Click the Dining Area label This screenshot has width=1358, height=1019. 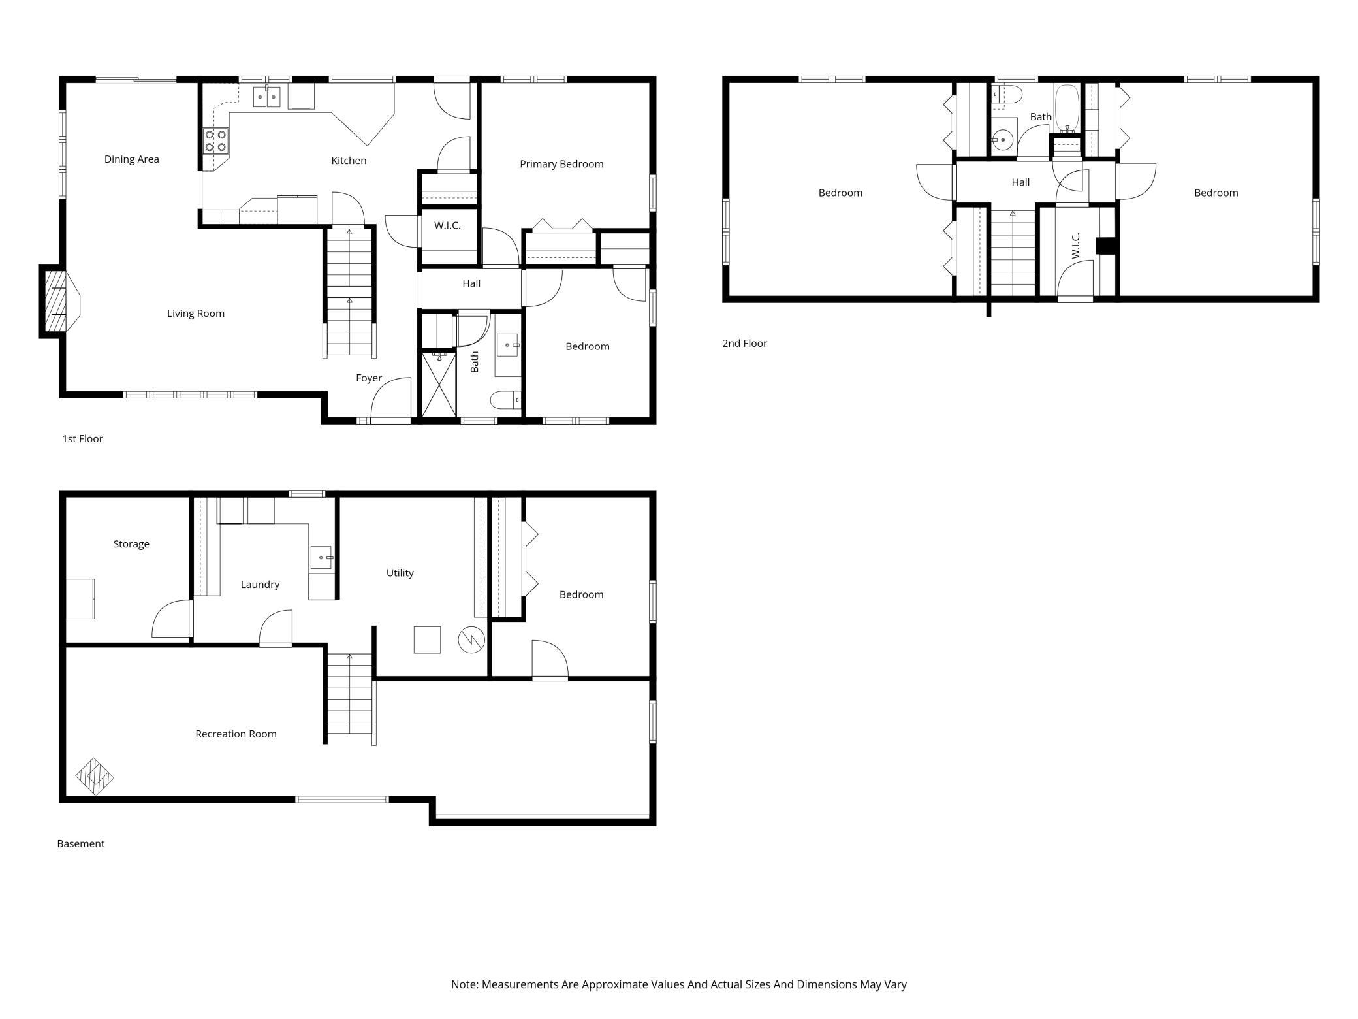click(x=131, y=159)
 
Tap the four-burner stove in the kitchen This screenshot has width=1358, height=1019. click(x=216, y=140)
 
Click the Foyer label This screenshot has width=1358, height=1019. click(x=369, y=378)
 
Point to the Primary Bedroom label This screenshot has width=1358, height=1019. click(x=561, y=164)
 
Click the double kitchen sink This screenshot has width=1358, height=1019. click(x=267, y=97)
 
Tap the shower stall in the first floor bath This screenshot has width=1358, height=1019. click(x=439, y=384)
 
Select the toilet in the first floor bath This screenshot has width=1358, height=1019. click(x=505, y=399)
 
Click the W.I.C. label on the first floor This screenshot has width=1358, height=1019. click(x=447, y=225)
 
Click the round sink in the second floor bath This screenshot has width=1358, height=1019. click(x=1002, y=139)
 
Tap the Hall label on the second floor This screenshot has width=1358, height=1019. click(x=1020, y=182)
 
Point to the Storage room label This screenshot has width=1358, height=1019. click(x=131, y=544)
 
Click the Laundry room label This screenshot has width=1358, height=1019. click(x=260, y=585)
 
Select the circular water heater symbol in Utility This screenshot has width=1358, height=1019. click(x=471, y=640)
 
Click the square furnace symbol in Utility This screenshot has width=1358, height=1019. click(x=427, y=639)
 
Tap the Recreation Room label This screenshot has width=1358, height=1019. click(x=236, y=734)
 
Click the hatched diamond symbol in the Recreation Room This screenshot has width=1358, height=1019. click(x=95, y=777)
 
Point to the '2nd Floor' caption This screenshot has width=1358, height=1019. click(x=744, y=344)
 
